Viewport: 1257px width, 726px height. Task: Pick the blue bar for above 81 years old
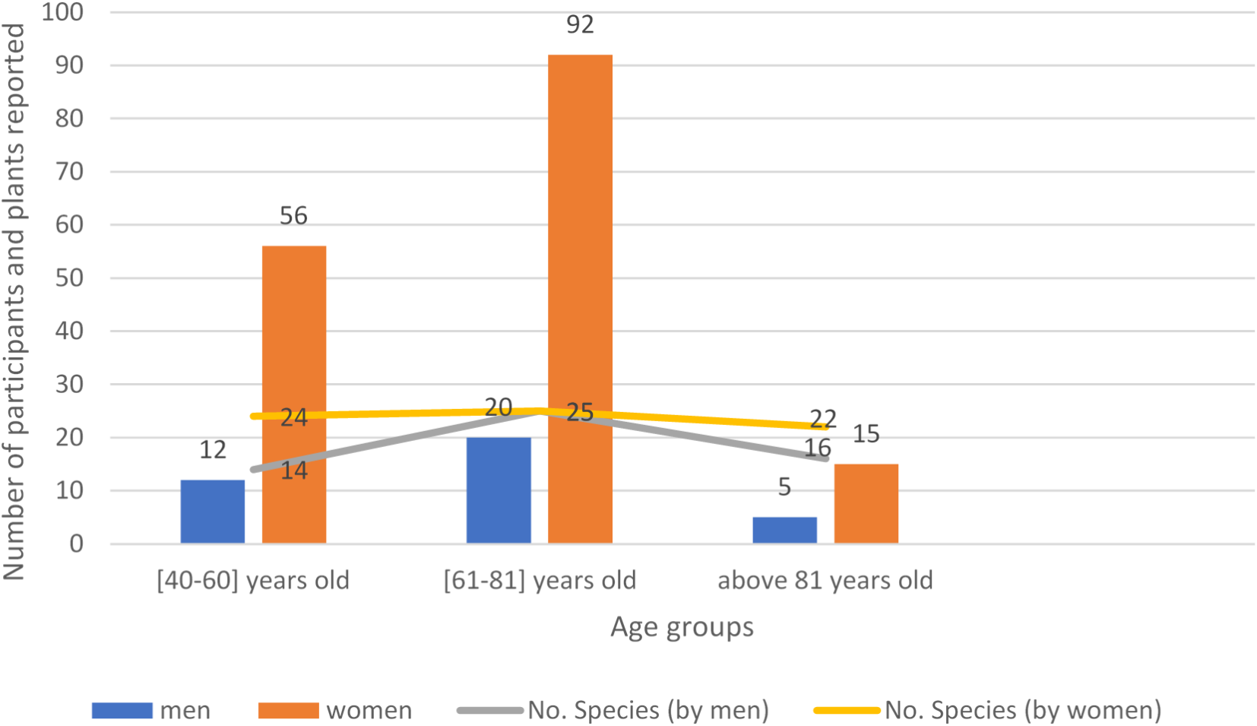coord(784,530)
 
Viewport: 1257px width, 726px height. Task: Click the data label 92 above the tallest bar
coord(580,25)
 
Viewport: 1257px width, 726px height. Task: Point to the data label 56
coord(293,216)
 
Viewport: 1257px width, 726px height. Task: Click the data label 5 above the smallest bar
coord(784,487)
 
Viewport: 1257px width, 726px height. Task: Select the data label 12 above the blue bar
coord(213,450)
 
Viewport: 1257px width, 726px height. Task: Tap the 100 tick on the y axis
coord(62,12)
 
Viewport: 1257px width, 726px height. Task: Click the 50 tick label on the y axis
coord(69,278)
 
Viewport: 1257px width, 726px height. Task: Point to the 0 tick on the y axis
coord(76,544)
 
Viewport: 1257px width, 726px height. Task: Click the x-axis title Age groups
coord(682,627)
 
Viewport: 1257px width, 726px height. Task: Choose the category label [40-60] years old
coord(253,581)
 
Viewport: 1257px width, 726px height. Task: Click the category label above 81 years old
coord(825,581)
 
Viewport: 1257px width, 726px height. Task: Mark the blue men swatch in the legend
coord(122,710)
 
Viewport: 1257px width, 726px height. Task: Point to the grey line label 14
coord(293,471)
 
